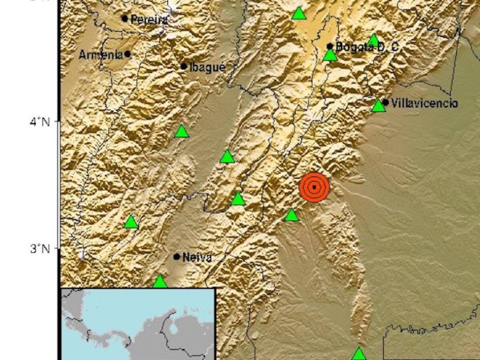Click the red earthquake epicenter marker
click(314, 187)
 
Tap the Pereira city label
click(148, 19)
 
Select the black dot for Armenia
click(128, 54)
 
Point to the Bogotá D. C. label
click(367, 47)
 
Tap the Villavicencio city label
click(424, 104)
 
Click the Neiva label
click(196, 258)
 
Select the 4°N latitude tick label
click(40, 121)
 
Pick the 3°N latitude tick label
click(40, 248)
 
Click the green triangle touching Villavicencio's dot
click(378, 106)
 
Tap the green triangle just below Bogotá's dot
click(330, 55)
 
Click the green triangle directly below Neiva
click(160, 282)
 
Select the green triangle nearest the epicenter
click(292, 216)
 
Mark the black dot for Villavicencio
click(385, 102)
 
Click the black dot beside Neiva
click(177, 256)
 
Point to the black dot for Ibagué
click(184, 66)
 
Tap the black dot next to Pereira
click(125, 18)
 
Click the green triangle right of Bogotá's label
click(373, 40)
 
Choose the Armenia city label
click(100, 55)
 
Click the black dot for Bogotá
click(330, 46)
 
